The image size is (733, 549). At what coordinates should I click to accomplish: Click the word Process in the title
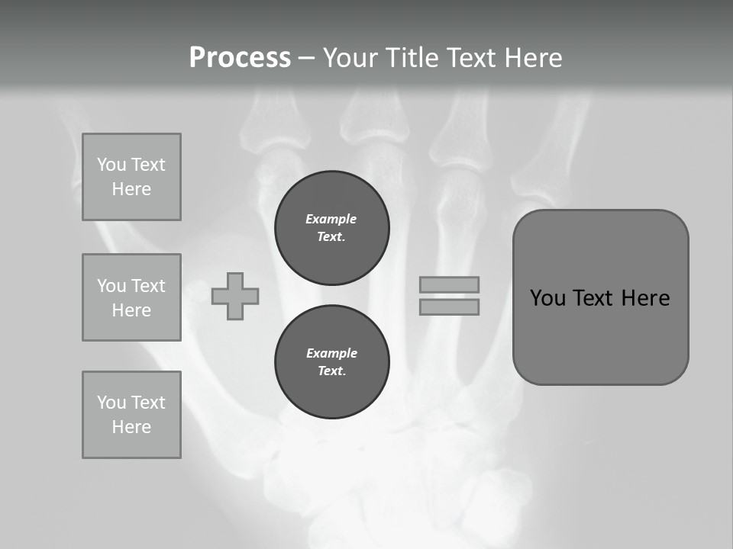(x=240, y=58)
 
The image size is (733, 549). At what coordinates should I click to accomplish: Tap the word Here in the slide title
(x=531, y=58)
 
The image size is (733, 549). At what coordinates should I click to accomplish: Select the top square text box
(x=131, y=177)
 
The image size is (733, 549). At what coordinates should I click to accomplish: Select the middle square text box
(x=131, y=297)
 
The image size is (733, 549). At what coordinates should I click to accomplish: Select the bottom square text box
(x=131, y=415)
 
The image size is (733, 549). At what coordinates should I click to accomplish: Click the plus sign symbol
(x=235, y=296)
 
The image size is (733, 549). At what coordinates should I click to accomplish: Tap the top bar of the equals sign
(x=450, y=284)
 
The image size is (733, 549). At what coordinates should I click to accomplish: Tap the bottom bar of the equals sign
(x=450, y=307)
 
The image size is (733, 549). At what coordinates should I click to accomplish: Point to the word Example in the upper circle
(x=331, y=219)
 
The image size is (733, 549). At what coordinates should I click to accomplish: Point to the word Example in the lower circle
(x=331, y=353)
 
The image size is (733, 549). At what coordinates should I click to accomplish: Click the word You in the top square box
(x=111, y=165)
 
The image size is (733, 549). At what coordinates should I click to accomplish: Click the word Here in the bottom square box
(x=131, y=427)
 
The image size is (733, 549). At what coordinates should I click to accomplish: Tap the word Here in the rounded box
(x=645, y=298)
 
